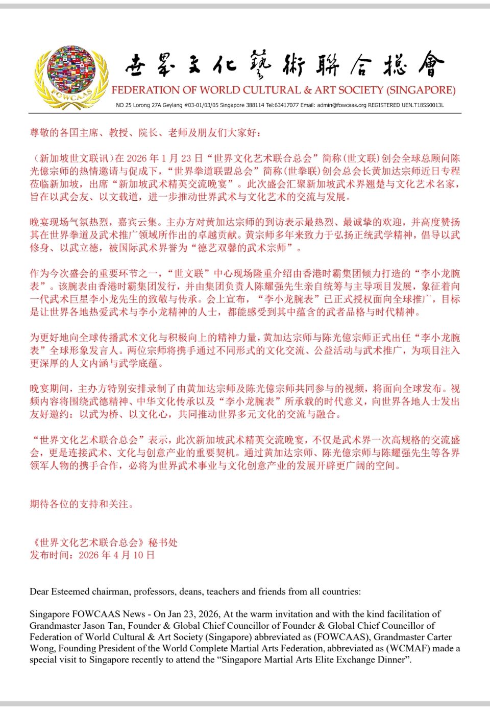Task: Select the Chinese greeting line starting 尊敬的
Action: [145, 133]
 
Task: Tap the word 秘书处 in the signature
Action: [163, 542]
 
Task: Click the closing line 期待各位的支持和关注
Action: [82, 504]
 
